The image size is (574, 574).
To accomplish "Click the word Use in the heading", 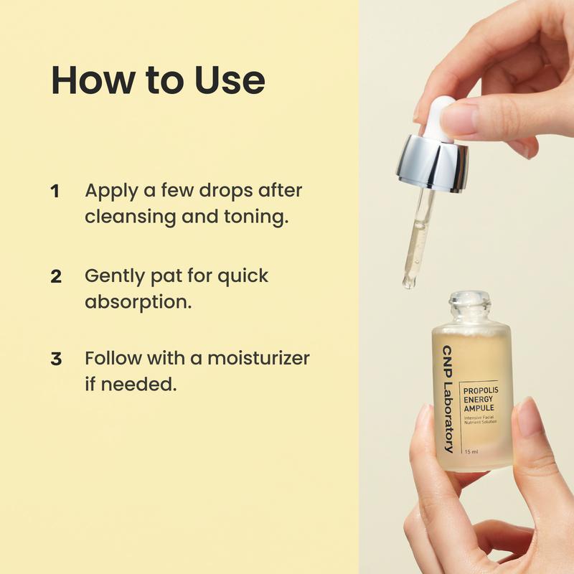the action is pos(230,80).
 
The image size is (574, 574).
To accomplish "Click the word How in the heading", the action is pos(93,80).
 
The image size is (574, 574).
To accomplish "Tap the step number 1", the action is pos(55,192).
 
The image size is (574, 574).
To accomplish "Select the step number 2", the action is pos(56,277).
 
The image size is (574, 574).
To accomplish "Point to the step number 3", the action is pos(56,359).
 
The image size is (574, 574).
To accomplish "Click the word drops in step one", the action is pos(226,191).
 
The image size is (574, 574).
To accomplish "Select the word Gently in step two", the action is pos(115,277).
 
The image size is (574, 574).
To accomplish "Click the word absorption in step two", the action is pos(138,303).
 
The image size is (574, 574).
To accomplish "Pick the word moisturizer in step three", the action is pos(258,358).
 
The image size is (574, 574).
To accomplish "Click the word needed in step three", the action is pos(138,384).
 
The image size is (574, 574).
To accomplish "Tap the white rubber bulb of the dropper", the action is pos(441,118).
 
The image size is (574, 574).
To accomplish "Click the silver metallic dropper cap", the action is pos(433,164).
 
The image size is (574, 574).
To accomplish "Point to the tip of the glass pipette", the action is pos(408,283).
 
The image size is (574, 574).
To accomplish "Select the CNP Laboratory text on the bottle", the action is pos(448,399).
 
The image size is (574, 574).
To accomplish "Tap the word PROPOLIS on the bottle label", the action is pos(481,390).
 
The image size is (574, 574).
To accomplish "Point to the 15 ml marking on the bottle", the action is pos(471,452).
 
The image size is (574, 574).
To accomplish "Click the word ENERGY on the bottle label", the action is pos(478,400).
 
